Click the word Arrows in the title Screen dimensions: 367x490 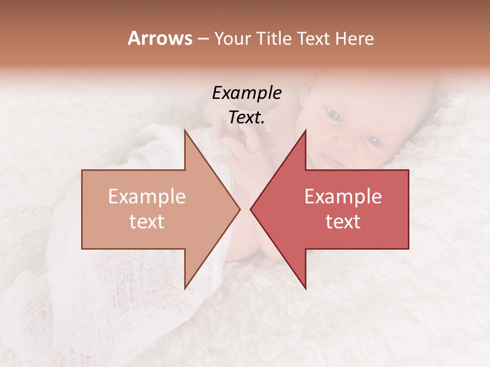click(160, 38)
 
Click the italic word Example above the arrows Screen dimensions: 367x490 click(247, 93)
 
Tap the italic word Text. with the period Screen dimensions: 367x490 click(247, 118)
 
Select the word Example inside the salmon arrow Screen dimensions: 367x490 click(147, 197)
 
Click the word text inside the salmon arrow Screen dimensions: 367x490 click(147, 222)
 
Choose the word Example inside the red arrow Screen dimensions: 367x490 click(343, 197)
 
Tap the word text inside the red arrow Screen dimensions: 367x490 click(343, 222)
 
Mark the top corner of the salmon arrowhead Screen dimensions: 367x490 click(185, 130)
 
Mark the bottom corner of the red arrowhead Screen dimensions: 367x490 click(305, 288)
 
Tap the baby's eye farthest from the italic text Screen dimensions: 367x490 click(375, 140)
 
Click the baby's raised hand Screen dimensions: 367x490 click(240, 148)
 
